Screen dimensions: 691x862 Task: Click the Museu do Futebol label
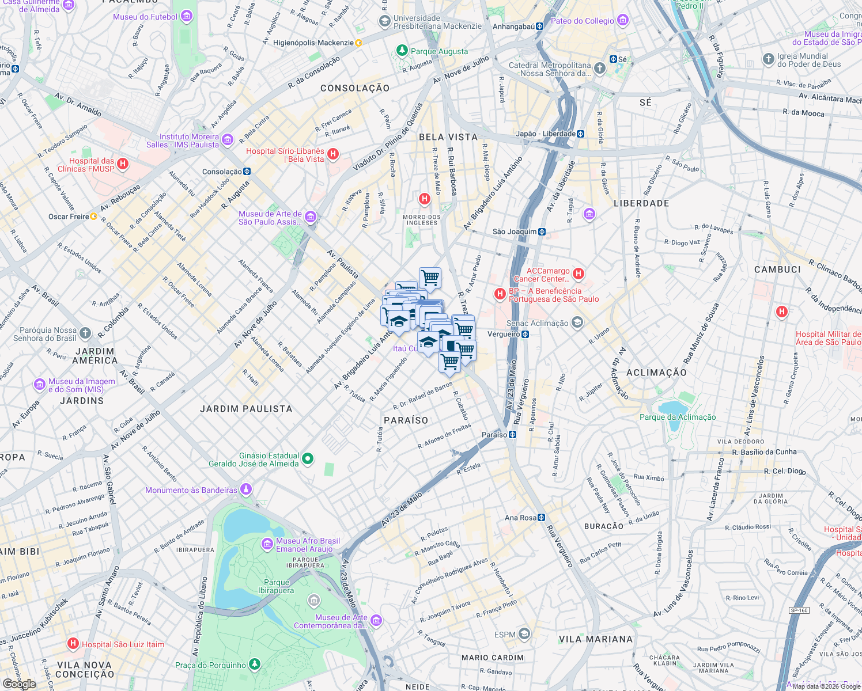(x=145, y=17)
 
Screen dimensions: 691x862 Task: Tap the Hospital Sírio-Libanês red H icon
(x=333, y=154)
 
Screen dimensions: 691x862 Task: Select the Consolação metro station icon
(x=247, y=172)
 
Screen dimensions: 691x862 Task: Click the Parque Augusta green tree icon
(x=402, y=51)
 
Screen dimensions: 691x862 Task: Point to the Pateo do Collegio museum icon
(x=622, y=21)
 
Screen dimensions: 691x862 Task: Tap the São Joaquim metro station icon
(x=542, y=232)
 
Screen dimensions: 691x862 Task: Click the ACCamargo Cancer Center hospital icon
(x=579, y=274)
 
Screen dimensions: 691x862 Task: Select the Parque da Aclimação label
(x=678, y=417)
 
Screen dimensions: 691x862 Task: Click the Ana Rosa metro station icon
(x=541, y=518)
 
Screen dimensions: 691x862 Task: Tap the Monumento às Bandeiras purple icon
(x=246, y=489)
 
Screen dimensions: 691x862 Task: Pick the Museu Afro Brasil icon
(x=267, y=544)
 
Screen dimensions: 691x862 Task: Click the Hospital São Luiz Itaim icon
(x=73, y=644)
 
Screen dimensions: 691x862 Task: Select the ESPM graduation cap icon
(x=524, y=635)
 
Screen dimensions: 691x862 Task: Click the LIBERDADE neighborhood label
(x=641, y=204)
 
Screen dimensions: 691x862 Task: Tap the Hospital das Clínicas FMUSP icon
(x=122, y=165)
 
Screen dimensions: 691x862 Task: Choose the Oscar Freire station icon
(x=93, y=217)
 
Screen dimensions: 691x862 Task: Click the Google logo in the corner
(x=19, y=684)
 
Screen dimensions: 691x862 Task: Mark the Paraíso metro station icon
(x=512, y=435)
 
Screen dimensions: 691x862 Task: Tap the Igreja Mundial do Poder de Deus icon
(x=768, y=59)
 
